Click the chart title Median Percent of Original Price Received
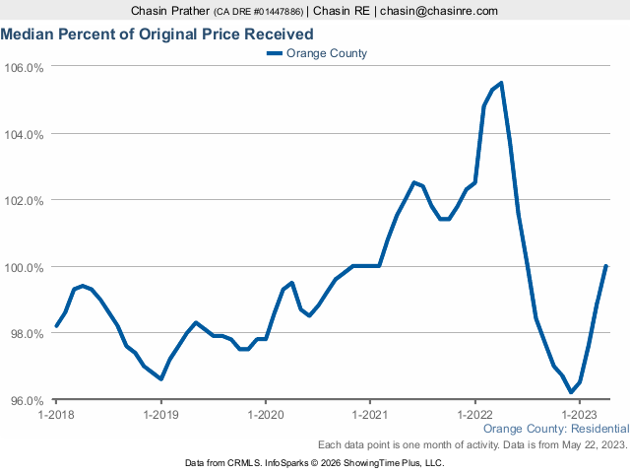tap(157, 34)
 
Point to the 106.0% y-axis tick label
tap(25, 68)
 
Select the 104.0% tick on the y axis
tap(25, 134)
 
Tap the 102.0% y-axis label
tap(25, 201)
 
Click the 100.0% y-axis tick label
tap(25, 268)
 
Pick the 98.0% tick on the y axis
tap(25, 334)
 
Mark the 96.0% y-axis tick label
tap(25, 401)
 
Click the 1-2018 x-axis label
tap(56, 416)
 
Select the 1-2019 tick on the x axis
tap(160, 416)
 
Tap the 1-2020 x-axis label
tap(265, 416)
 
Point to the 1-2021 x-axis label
tap(370, 416)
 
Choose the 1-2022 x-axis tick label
tap(474, 416)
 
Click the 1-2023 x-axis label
tap(579, 416)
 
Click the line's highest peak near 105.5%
tap(501, 83)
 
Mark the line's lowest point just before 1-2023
tap(571, 392)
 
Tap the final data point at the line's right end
tap(606, 266)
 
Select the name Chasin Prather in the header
tap(170, 11)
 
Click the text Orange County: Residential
tap(556, 430)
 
